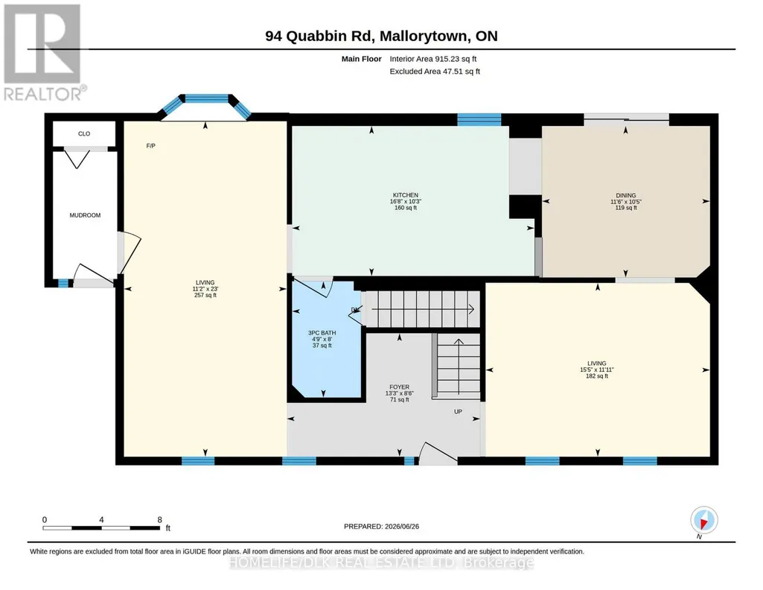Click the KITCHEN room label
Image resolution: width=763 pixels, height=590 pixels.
click(406, 195)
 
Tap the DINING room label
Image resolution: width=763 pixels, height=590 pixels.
click(626, 195)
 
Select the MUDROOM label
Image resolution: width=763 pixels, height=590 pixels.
click(85, 215)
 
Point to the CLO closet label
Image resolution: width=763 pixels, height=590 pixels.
click(84, 134)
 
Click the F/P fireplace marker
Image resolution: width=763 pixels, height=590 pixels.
click(151, 146)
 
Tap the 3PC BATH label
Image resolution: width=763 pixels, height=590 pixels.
click(322, 333)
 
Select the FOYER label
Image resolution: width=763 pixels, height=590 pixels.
click(400, 387)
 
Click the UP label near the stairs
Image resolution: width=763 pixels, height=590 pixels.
click(458, 412)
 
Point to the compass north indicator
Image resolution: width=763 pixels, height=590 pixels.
click(703, 521)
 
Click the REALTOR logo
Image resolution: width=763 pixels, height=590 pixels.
click(42, 53)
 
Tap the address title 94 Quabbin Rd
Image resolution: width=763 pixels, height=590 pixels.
click(319, 36)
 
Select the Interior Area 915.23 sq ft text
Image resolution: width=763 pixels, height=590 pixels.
click(433, 59)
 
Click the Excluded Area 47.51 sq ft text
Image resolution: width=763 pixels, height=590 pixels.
click(435, 71)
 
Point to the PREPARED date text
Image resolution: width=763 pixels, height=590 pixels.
click(381, 526)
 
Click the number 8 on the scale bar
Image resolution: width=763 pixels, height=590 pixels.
click(159, 520)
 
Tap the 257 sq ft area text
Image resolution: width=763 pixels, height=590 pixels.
click(205, 295)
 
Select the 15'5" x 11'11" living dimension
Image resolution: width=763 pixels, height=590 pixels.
click(597, 369)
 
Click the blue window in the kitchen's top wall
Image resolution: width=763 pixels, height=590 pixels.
click(479, 120)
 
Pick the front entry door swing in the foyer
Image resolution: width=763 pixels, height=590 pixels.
click(438, 453)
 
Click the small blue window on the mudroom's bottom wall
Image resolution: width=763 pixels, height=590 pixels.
click(63, 283)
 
